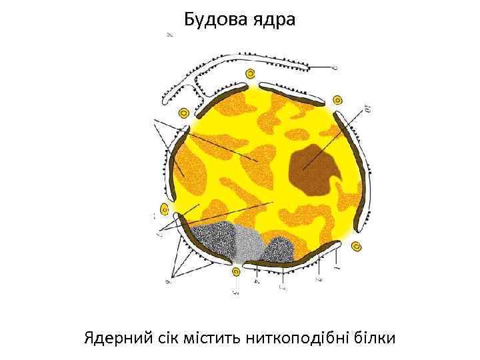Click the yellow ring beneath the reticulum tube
[250, 74]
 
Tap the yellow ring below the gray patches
[235, 271]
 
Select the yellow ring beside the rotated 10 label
[337, 101]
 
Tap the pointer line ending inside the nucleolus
[304, 169]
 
